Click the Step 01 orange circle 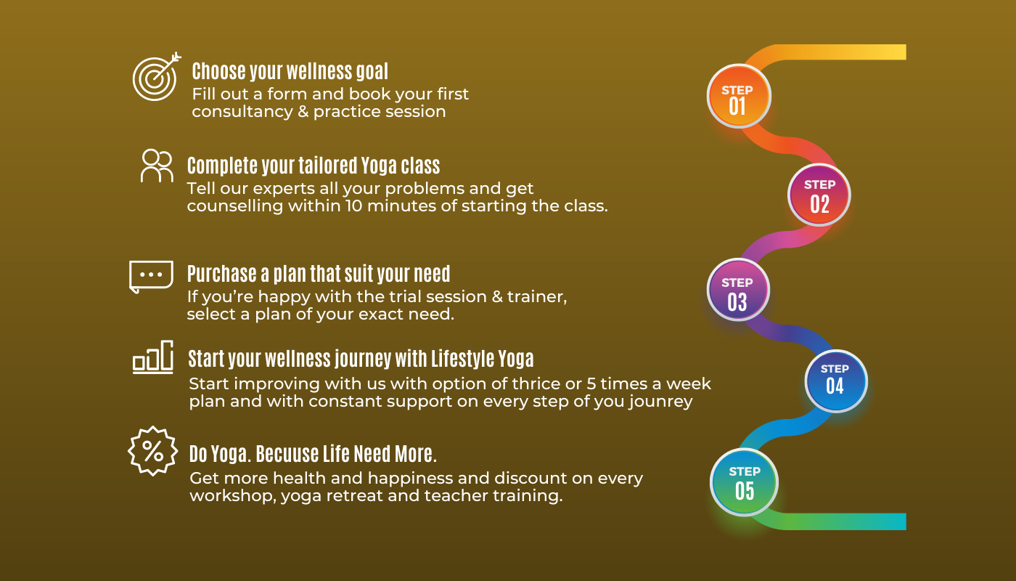[x=739, y=96]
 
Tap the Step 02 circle [x=819, y=195]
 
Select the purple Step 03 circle [x=738, y=290]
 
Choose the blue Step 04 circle [x=835, y=381]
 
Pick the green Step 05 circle [x=744, y=482]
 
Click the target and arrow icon [x=156, y=77]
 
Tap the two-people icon [x=157, y=166]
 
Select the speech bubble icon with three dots [x=151, y=277]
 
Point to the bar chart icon [x=153, y=357]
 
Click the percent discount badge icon [x=153, y=451]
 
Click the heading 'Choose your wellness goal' [x=290, y=72]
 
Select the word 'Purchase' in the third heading [x=222, y=274]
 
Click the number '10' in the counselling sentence [x=354, y=206]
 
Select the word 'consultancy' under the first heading [x=242, y=112]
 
